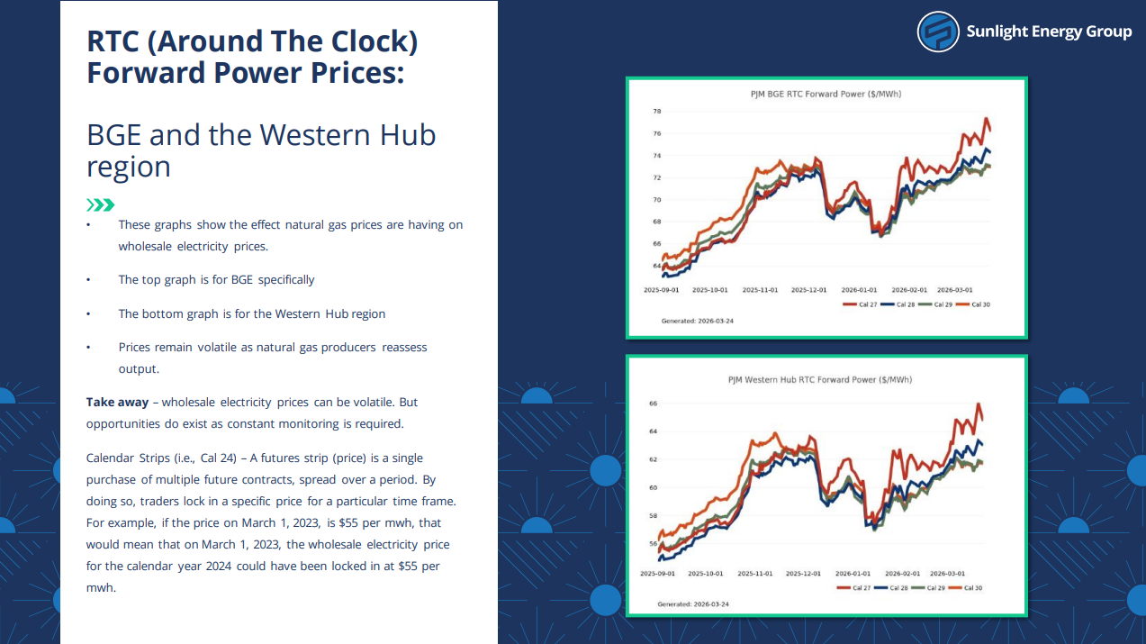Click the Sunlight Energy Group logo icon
coord(938,32)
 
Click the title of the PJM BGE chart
coord(826,94)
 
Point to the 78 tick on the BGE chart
coord(657,112)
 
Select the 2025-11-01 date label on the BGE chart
coord(760,290)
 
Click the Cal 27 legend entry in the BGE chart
coord(860,304)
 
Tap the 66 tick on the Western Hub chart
coord(653,404)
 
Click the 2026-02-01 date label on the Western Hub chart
coord(901,573)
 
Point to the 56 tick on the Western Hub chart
coord(653,544)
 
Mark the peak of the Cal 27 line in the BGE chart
coord(987,119)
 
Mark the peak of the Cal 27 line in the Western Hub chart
coord(979,404)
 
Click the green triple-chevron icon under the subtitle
coord(100,204)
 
